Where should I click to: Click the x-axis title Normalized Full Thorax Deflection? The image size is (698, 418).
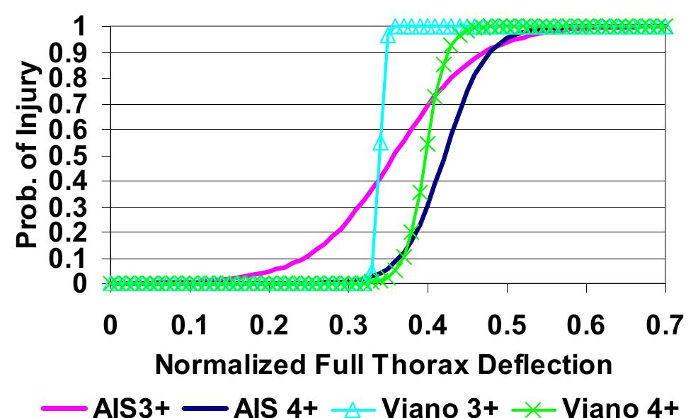point(383,364)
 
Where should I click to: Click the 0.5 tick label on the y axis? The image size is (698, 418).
point(74,155)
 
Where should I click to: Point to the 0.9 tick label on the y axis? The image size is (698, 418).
point(74,52)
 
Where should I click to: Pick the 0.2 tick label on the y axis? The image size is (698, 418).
point(74,232)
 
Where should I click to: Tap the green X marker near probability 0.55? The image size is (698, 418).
point(427,143)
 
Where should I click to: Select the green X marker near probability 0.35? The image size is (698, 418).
point(419,193)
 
